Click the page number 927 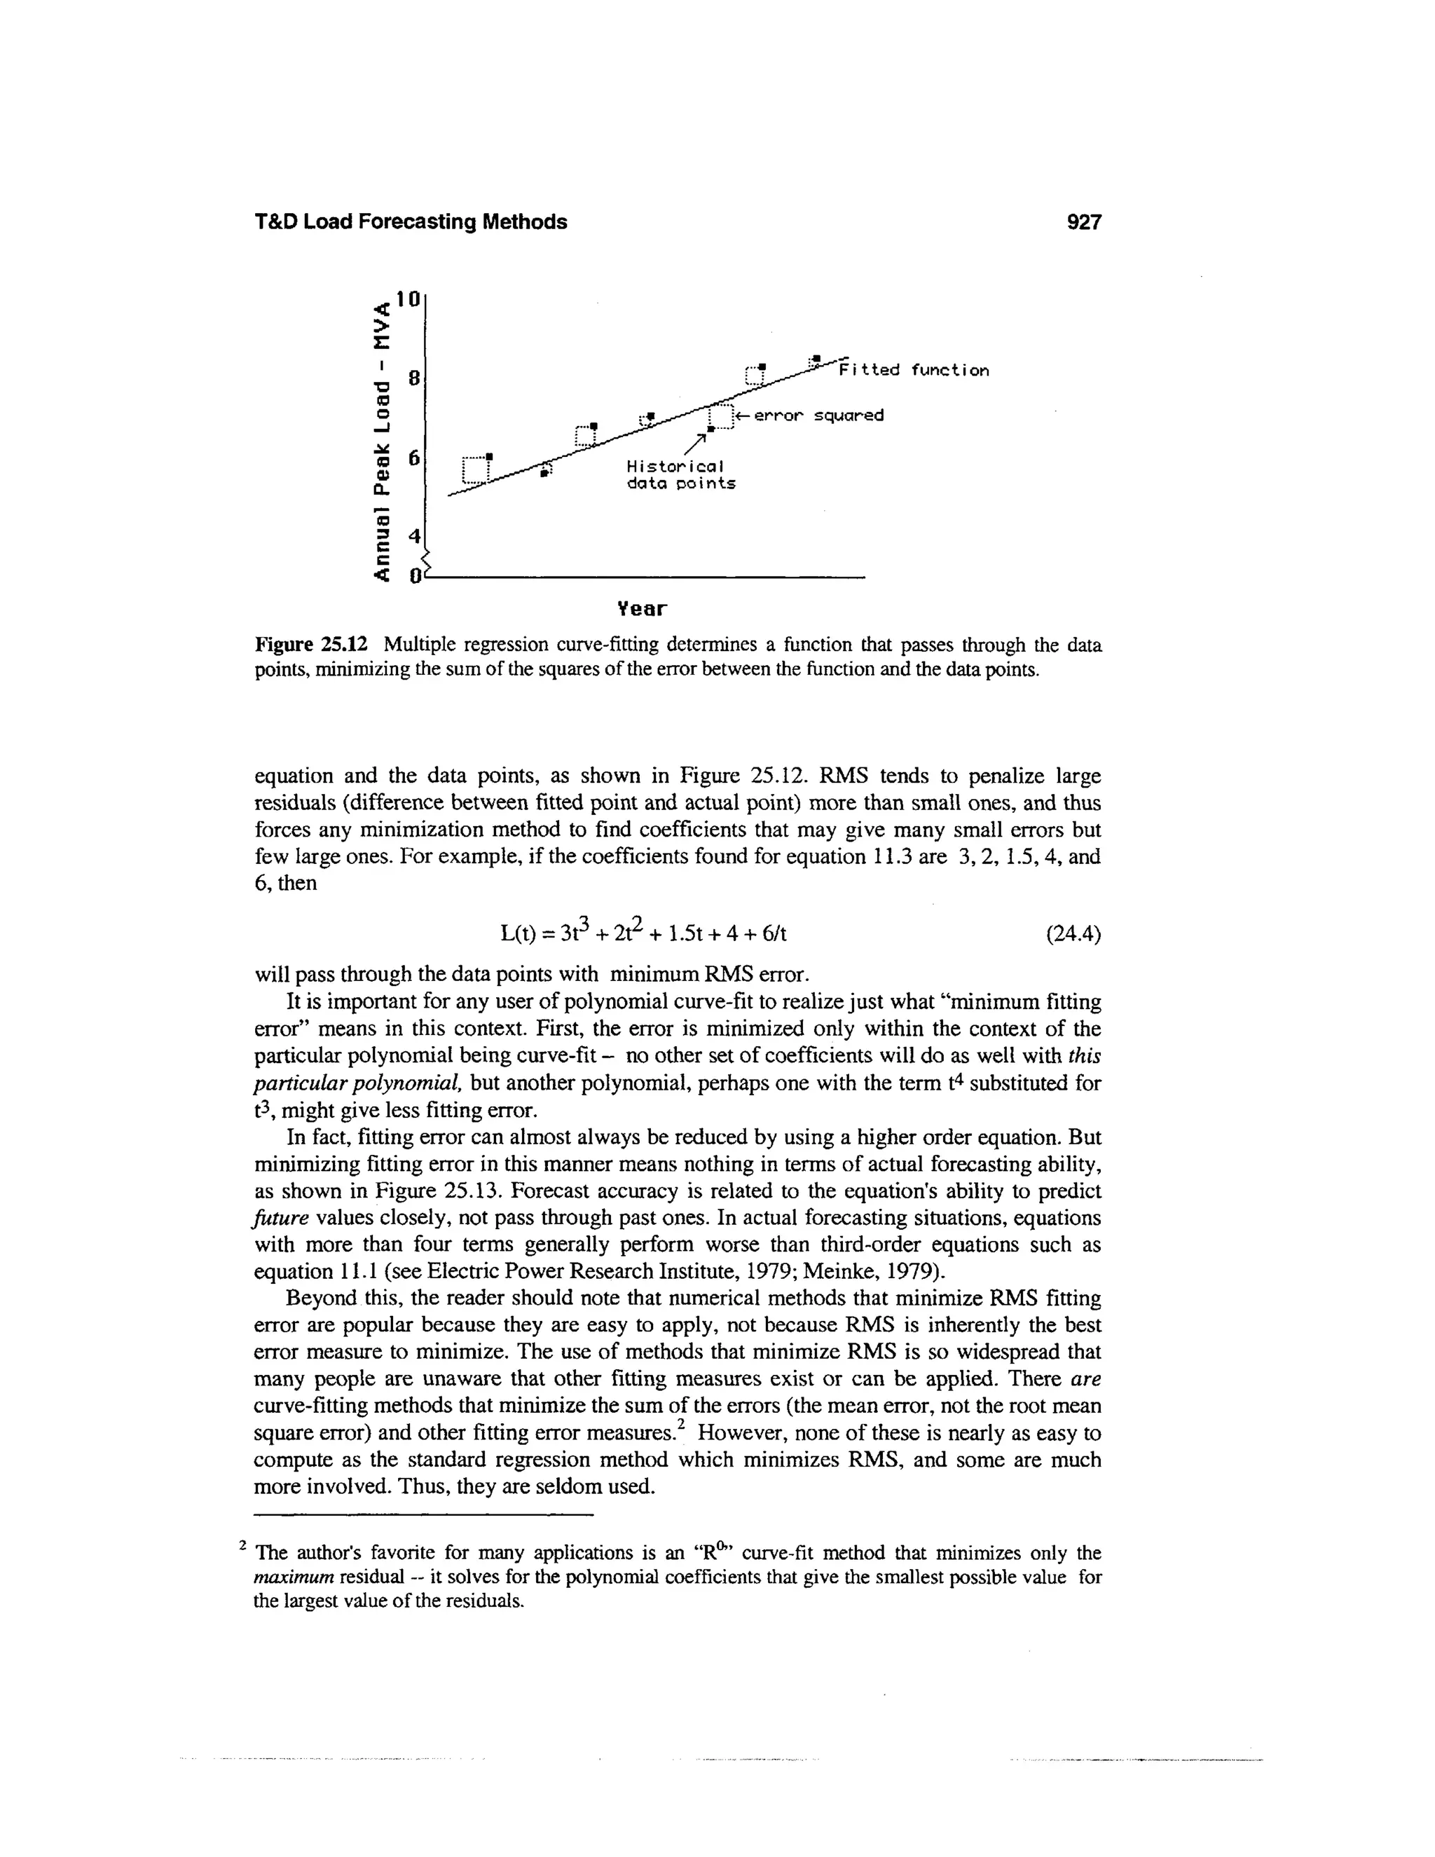point(1084,222)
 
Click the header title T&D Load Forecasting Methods point(411,222)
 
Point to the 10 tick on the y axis point(410,299)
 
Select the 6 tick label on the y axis point(414,458)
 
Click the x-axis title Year point(642,609)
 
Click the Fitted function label point(914,371)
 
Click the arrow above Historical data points point(696,442)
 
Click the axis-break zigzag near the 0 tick point(427,562)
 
